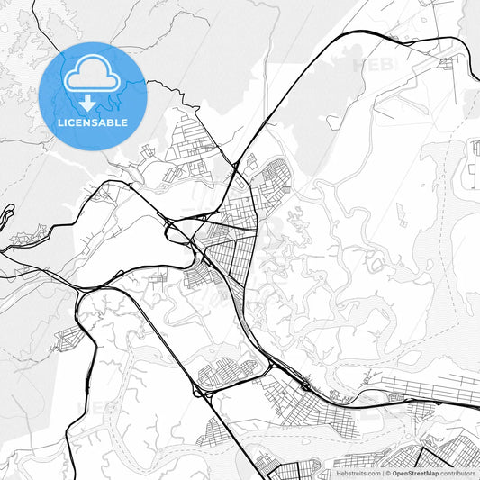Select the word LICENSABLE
point(93,121)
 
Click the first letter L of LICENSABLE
point(59,121)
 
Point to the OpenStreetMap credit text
point(414,472)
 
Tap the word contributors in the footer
point(458,472)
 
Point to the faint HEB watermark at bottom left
point(101,407)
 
